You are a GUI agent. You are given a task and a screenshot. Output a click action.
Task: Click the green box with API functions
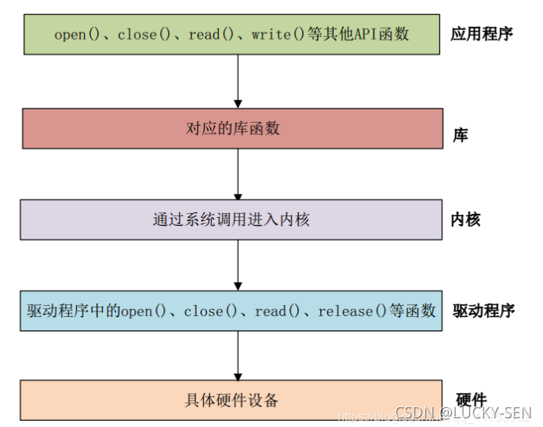point(231,35)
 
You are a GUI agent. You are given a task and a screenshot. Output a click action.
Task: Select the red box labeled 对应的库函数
point(231,128)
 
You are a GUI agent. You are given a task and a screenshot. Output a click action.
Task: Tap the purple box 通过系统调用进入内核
point(231,219)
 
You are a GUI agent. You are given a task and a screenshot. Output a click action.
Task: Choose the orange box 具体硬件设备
point(231,401)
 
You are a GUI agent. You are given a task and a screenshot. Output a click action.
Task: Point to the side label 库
point(460,135)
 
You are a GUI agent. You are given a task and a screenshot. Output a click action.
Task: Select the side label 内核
point(465,220)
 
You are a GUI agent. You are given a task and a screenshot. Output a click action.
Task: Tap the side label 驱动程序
point(484,311)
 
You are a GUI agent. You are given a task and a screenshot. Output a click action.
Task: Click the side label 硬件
point(472,400)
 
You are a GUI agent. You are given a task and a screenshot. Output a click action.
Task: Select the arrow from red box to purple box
point(237,174)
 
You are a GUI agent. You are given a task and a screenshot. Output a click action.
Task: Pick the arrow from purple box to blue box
point(237,265)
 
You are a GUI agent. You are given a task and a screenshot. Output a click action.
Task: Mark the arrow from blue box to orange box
point(237,356)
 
